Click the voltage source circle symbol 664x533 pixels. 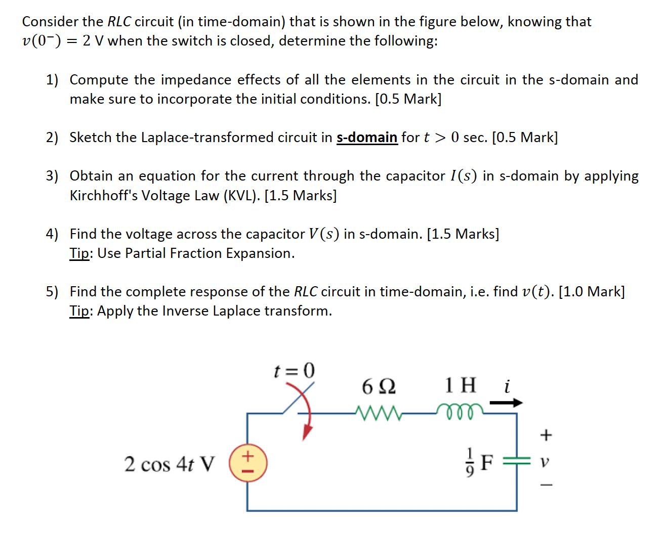pos(247,463)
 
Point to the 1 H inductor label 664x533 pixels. pos(460,385)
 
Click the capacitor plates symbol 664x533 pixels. pos(517,461)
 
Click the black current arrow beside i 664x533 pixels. pos(506,403)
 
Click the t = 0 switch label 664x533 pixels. pos(294,371)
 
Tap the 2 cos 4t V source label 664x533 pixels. pos(170,464)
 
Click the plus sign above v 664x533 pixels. pos(546,434)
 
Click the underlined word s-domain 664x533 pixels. pos(366,138)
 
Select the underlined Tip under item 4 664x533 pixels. pos(79,253)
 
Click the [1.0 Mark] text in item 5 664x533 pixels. pos(591,292)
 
